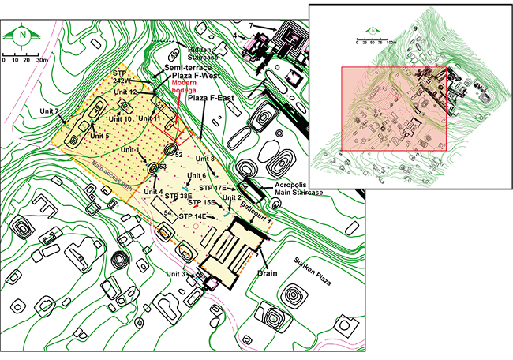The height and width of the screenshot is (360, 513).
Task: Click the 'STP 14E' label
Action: point(193,216)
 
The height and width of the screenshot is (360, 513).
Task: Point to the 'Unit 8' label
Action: point(201,159)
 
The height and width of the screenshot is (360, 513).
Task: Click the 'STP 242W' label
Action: point(122,76)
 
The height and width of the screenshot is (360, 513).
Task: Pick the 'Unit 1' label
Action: point(126,150)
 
